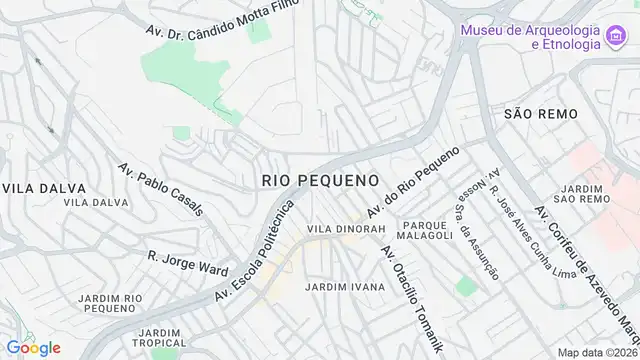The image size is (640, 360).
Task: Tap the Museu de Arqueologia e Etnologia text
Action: coord(530,37)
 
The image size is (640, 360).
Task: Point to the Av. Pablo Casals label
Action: coord(160,189)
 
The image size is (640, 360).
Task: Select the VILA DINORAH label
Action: coord(346,229)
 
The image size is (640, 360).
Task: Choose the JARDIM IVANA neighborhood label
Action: coord(344,287)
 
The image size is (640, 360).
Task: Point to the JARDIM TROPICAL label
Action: coord(159,338)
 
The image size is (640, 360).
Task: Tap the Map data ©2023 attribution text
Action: coord(597,352)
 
